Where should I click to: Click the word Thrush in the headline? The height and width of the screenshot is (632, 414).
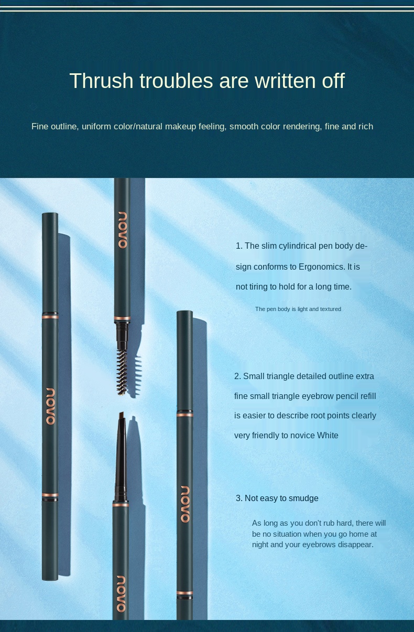click(x=101, y=81)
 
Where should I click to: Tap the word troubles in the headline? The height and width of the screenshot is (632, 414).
click(x=176, y=81)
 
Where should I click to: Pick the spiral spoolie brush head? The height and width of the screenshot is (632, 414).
click(x=122, y=372)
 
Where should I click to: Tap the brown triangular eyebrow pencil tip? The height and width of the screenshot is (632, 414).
click(x=122, y=416)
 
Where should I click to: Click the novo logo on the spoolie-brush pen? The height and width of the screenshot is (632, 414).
click(x=123, y=230)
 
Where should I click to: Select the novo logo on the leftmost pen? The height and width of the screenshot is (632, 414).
click(x=50, y=406)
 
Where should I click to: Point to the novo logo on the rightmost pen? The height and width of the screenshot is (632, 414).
click(x=185, y=504)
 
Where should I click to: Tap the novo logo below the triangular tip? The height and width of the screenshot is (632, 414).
click(x=121, y=594)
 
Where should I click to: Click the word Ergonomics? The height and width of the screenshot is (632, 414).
click(x=321, y=267)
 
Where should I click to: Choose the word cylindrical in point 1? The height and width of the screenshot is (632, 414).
click(x=297, y=246)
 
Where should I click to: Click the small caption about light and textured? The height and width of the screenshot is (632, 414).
click(x=298, y=309)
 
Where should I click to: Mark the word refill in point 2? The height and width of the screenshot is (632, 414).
click(x=368, y=396)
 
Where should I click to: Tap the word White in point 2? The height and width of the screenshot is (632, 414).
click(x=328, y=435)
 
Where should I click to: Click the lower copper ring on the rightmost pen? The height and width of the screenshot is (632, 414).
click(x=184, y=592)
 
